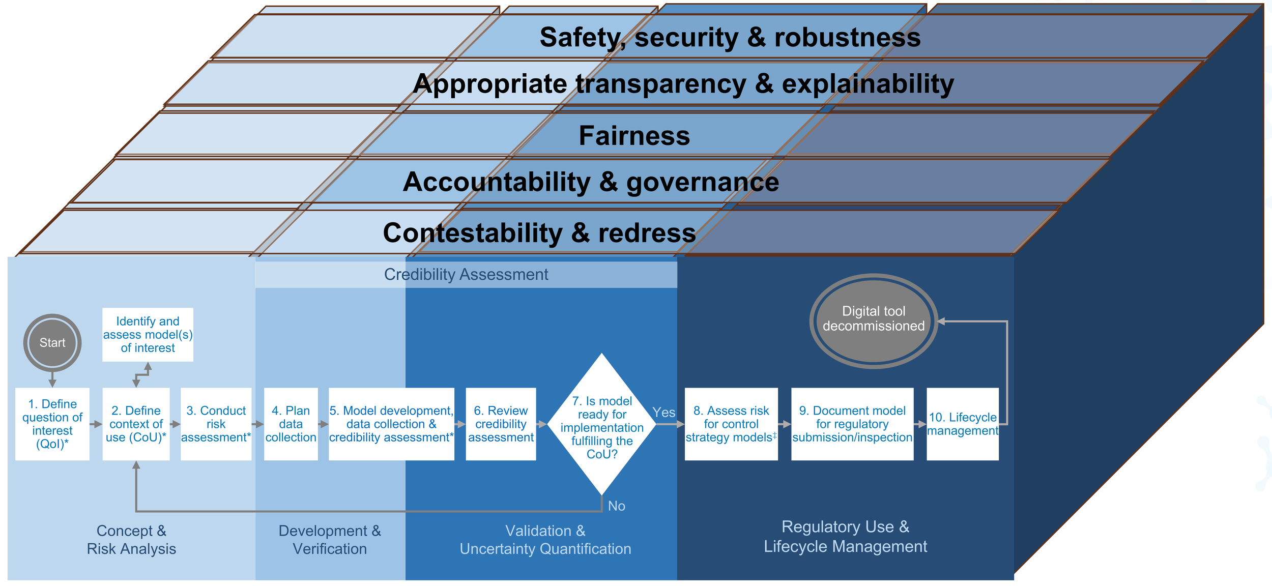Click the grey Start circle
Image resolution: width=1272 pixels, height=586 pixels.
[52, 342]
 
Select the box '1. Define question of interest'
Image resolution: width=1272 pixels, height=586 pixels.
[52, 424]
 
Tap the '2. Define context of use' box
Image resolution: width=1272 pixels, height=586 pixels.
[136, 424]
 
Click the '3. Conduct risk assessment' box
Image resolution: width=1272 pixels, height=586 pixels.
[216, 424]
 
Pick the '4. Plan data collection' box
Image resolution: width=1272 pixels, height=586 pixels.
[291, 424]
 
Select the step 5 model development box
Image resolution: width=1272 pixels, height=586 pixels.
[391, 424]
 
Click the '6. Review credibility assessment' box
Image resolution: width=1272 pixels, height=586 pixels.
[501, 424]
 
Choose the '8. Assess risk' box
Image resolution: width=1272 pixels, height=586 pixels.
[731, 424]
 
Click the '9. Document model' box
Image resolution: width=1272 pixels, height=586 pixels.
[852, 424]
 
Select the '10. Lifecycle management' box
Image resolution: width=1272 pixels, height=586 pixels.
[963, 424]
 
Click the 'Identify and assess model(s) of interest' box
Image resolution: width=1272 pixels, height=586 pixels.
[148, 334]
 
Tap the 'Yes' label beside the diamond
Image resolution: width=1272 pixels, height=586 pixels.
[664, 412]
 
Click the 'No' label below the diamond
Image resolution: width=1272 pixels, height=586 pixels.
[617, 506]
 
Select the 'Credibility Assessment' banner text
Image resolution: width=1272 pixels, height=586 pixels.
[466, 275]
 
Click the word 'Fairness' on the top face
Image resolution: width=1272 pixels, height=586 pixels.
[634, 136]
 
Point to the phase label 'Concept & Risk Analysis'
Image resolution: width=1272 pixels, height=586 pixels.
[131, 540]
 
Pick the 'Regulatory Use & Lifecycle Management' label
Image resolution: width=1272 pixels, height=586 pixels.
[845, 536]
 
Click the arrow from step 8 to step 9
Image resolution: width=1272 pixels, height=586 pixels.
[785, 424]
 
